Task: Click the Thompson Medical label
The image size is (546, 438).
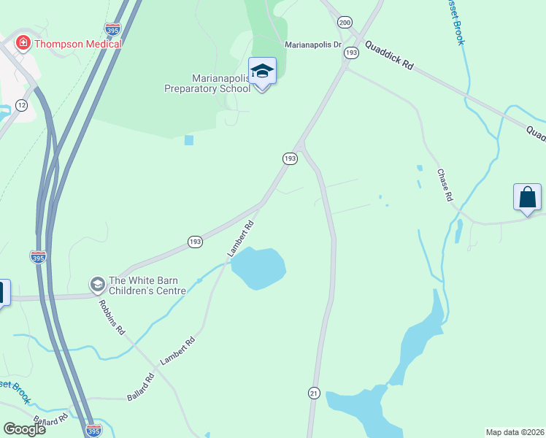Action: click(x=78, y=44)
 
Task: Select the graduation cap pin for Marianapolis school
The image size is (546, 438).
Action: click(x=262, y=72)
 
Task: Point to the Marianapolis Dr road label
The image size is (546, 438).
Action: click(x=313, y=45)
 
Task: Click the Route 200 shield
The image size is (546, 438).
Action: click(x=345, y=23)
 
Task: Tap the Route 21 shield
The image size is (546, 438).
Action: click(x=314, y=392)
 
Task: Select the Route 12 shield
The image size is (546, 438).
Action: click(x=22, y=106)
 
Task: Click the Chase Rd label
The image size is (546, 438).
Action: click(x=445, y=185)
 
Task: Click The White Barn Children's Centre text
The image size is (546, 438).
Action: click(x=147, y=285)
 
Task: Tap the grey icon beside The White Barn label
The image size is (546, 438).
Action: click(x=97, y=283)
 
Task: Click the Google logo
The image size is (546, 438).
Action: click(x=23, y=429)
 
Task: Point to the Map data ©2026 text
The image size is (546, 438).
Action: click(x=515, y=432)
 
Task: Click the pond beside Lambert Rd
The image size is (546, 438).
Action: click(x=258, y=268)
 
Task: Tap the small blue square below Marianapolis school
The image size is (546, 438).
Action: click(x=189, y=140)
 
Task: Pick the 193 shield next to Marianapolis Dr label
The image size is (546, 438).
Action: click(x=352, y=53)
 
